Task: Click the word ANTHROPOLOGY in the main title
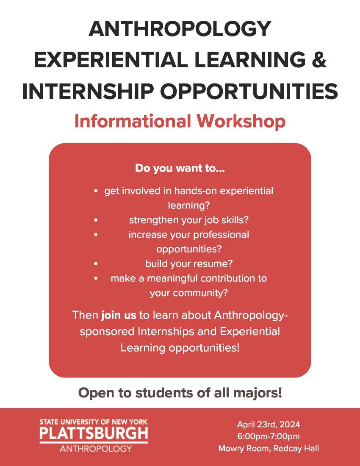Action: coord(180,28)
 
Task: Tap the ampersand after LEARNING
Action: coord(319,59)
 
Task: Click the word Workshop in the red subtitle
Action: coord(241,121)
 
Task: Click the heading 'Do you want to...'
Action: coord(180,168)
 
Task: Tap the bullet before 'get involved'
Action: coord(96,191)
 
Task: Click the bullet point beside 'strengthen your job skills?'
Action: coord(96,220)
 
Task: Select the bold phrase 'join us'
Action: coord(119,315)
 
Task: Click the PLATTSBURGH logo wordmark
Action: coord(94,433)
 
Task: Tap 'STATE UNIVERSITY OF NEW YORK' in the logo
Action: coord(94,422)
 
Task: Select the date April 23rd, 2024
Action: coord(269,424)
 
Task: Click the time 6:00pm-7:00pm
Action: coord(269,437)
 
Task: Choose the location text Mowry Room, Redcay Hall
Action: coord(269,449)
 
